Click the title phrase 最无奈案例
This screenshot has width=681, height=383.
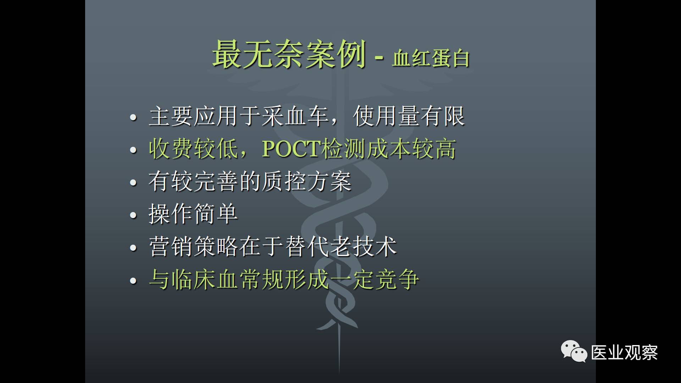click(x=289, y=54)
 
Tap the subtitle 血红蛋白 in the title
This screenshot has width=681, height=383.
click(x=431, y=58)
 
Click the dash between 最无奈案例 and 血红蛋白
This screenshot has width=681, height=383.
click(x=379, y=58)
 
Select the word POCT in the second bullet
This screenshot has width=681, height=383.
click(x=291, y=149)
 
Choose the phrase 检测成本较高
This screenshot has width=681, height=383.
click(x=388, y=149)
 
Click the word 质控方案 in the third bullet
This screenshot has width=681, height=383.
click(x=306, y=181)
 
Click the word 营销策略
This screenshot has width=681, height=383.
click(x=193, y=246)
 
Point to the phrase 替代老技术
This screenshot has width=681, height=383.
click(x=340, y=246)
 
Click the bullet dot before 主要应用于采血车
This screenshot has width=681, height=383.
click(x=133, y=117)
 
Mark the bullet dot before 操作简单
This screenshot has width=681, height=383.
click(x=133, y=215)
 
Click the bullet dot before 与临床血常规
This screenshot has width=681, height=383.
click(x=133, y=281)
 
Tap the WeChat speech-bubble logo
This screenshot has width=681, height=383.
click(x=574, y=351)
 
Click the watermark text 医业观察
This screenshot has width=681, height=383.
click(x=624, y=353)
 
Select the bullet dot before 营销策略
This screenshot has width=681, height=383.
click(x=133, y=248)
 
